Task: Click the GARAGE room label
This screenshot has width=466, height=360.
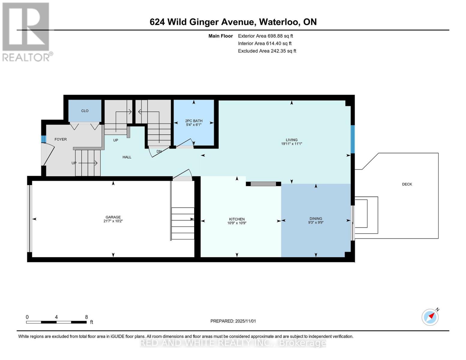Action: (x=113, y=217)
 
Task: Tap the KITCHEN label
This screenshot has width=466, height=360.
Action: (x=237, y=219)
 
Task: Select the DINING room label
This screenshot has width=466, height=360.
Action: (x=316, y=218)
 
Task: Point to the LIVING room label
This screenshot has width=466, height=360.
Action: (x=291, y=140)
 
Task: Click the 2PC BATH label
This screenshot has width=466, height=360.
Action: (x=194, y=121)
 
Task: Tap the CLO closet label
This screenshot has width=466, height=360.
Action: (x=85, y=111)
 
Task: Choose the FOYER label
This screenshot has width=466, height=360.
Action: (x=61, y=139)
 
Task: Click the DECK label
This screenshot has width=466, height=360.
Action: (x=407, y=184)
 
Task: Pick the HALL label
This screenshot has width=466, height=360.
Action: (x=127, y=157)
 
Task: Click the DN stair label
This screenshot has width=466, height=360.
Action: (x=159, y=151)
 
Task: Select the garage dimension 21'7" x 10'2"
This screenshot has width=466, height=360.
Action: (x=113, y=221)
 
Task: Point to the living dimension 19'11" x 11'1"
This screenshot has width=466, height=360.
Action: (x=291, y=144)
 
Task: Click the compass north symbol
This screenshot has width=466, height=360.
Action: (x=430, y=317)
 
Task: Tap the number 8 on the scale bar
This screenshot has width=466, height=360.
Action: (x=86, y=317)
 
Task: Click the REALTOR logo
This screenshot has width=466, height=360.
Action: (x=26, y=31)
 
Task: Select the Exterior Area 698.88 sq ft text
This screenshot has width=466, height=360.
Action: (x=265, y=36)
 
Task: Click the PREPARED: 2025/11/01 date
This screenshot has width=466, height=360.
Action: (x=233, y=321)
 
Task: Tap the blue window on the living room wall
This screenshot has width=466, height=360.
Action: (x=353, y=139)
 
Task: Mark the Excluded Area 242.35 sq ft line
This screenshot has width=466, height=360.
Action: (x=267, y=51)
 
